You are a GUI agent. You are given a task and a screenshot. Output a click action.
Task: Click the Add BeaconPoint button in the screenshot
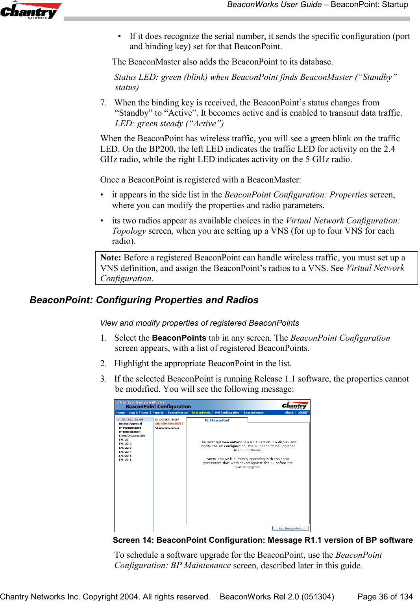click(x=290, y=528)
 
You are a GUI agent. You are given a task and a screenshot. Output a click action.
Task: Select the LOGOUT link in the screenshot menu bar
click(x=303, y=413)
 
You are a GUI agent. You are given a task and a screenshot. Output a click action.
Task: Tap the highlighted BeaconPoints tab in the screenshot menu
click(x=201, y=413)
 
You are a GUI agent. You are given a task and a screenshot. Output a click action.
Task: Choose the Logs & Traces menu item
click(x=138, y=413)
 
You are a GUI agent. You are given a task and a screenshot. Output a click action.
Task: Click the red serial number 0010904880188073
click(x=169, y=424)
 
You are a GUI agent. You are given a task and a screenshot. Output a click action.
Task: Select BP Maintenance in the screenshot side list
click(x=130, y=428)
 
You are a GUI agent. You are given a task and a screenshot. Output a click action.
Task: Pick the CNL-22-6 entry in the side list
click(x=125, y=459)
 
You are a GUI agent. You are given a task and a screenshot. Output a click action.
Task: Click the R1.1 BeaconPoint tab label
click(x=216, y=420)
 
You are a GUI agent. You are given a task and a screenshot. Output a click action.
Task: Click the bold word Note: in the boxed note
click(x=111, y=258)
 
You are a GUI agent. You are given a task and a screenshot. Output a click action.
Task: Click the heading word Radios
click(x=242, y=300)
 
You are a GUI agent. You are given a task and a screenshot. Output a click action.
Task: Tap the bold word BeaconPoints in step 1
click(x=179, y=338)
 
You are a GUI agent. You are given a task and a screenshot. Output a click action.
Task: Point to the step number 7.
click(x=103, y=103)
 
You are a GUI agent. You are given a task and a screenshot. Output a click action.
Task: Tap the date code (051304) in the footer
click(x=317, y=597)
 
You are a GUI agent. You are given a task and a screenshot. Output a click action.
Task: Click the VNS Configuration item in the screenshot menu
click(x=227, y=413)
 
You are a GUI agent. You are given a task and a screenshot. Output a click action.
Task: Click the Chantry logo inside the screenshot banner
click(x=294, y=406)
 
